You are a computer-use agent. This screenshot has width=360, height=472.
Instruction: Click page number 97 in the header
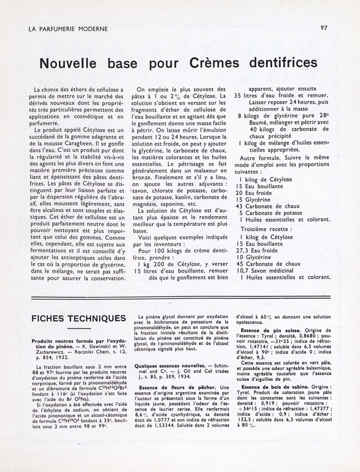click(324, 27)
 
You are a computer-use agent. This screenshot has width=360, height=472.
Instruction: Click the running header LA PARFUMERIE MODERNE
click(68, 29)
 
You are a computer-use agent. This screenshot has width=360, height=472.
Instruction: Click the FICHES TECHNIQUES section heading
click(79, 319)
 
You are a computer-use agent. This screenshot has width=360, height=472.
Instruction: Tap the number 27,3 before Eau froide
click(241, 250)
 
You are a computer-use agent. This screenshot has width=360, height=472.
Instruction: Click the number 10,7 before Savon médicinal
click(241, 271)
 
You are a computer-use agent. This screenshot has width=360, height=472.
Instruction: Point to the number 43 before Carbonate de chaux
click(239, 206)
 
